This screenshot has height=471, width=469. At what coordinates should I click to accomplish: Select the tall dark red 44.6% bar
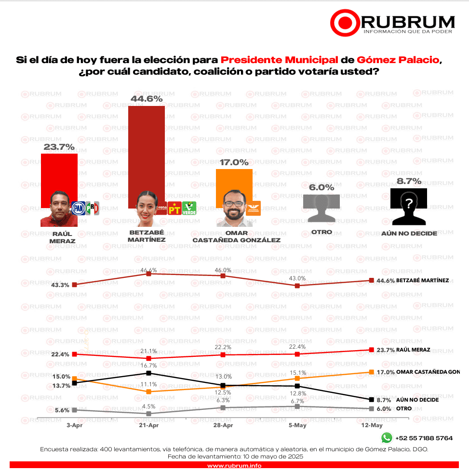[146, 154]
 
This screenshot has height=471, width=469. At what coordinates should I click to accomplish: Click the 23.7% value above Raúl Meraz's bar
[59, 146]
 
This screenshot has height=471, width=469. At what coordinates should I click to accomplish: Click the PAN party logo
[78, 208]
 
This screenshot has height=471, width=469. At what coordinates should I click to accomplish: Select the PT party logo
[174, 209]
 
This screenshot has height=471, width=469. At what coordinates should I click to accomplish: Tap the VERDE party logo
[188, 209]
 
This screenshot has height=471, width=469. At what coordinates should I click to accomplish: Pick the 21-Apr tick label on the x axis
[148, 425]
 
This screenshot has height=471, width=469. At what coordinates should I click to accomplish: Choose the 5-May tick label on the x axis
[297, 425]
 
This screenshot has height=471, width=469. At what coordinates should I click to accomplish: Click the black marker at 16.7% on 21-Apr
[149, 373]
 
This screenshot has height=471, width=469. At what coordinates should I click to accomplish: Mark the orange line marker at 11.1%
[149, 392]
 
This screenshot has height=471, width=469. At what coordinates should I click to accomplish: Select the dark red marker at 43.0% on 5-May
[297, 286]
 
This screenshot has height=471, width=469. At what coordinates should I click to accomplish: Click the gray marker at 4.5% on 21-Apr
[149, 414]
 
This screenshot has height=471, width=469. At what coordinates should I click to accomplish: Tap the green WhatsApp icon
[387, 438]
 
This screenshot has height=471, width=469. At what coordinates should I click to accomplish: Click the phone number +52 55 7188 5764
[424, 438]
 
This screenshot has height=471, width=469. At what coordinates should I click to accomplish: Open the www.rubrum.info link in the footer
[234, 466]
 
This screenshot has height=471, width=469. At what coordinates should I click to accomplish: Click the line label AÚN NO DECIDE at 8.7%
[417, 400]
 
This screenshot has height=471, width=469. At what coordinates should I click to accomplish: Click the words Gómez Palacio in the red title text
[399, 60]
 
